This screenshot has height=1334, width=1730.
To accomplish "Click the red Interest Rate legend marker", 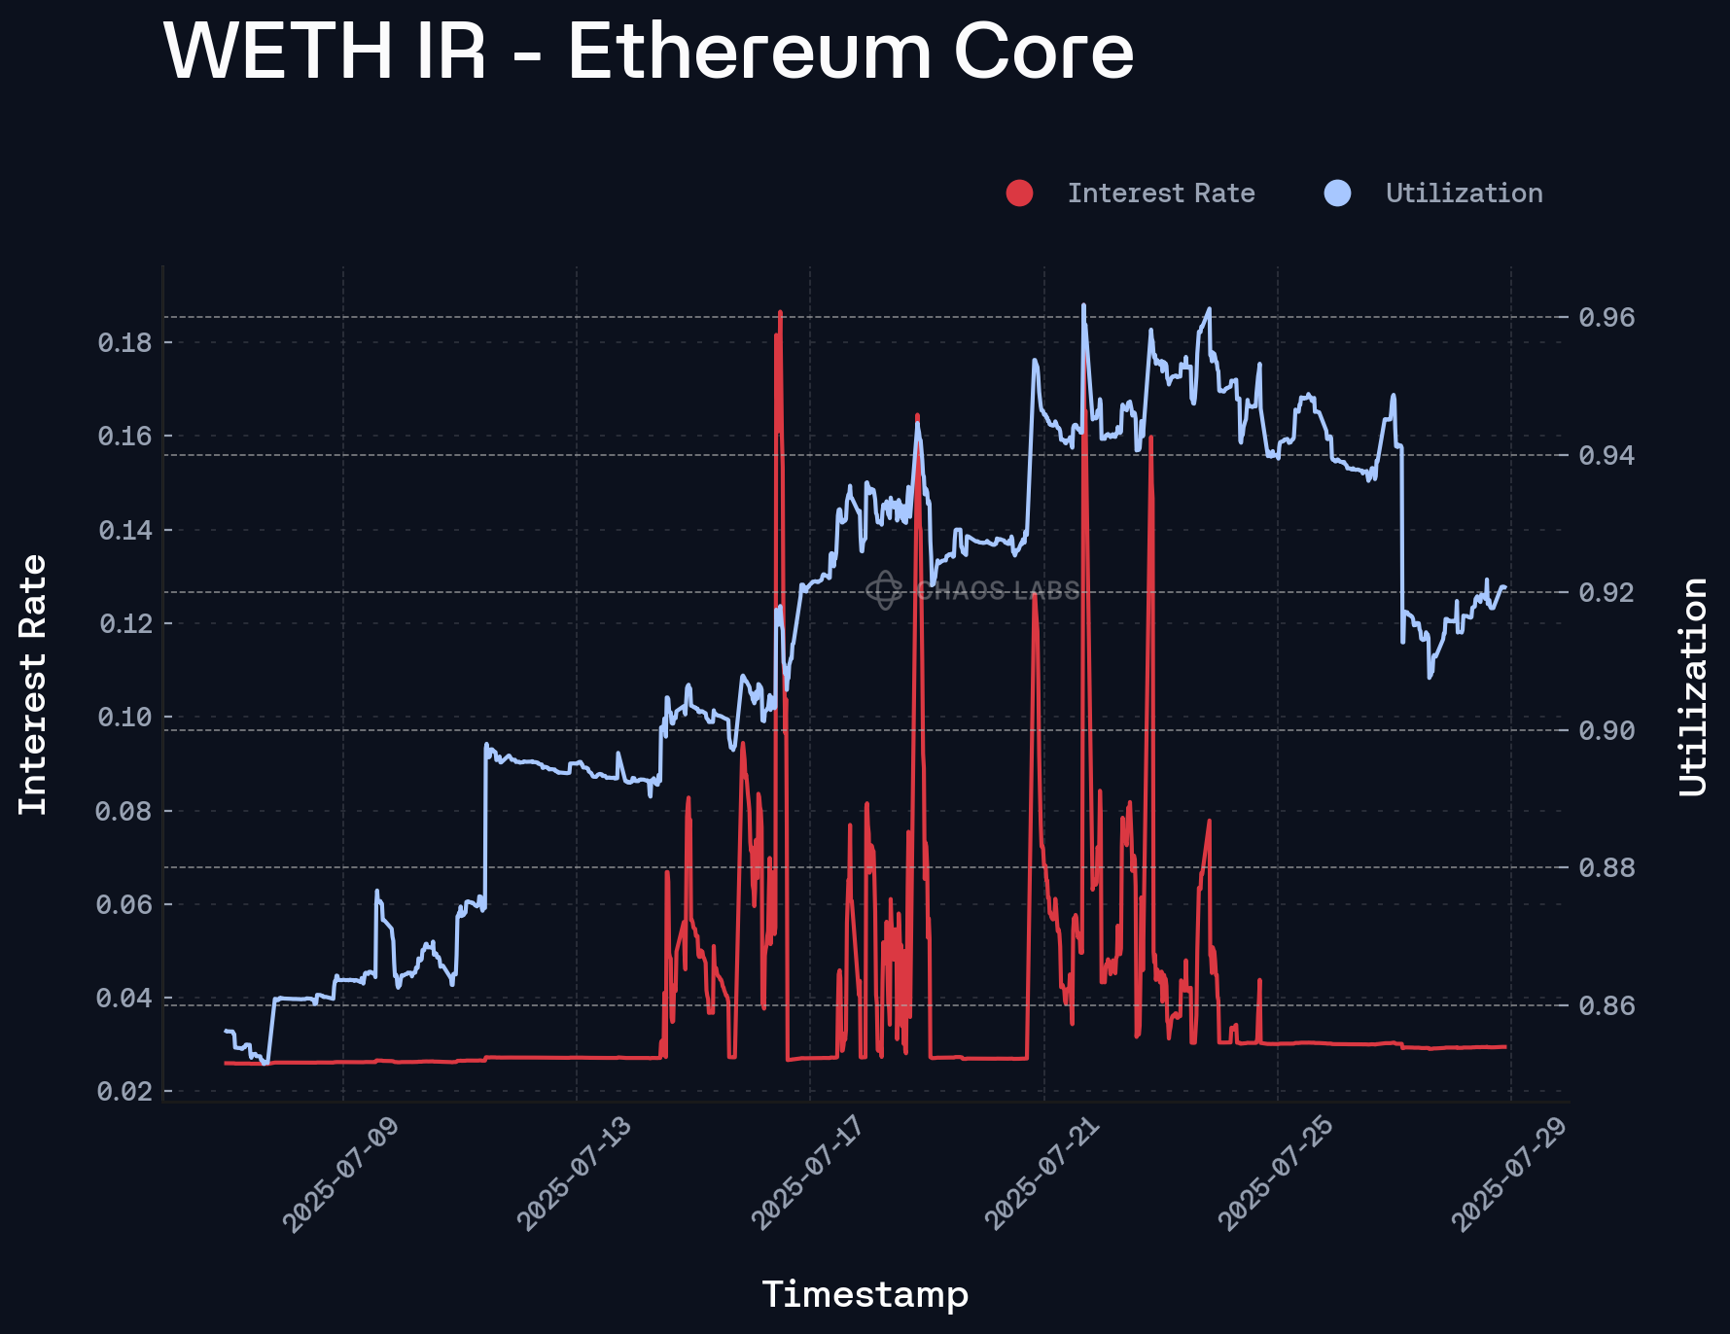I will [x=1019, y=193].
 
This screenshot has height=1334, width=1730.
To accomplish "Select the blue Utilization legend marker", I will [x=1337, y=193].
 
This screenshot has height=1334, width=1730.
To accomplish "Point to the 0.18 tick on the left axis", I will [x=125, y=342].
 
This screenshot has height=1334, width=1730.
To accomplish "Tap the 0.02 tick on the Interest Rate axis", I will [x=125, y=1092].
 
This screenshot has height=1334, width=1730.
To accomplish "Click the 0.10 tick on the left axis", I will [x=125, y=718].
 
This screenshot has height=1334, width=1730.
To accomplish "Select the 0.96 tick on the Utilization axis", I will [x=1606, y=317].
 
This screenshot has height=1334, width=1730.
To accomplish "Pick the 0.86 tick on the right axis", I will [x=1606, y=1005].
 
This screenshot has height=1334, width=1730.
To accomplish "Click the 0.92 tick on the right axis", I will [x=1606, y=592].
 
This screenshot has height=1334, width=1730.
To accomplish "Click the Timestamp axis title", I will [x=865, y=1294].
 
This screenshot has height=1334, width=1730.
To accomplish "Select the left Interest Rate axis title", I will [x=33, y=685].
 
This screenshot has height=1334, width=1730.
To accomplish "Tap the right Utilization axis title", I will [x=1693, y=686].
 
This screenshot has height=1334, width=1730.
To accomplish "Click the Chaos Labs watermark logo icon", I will [x=884, y=590].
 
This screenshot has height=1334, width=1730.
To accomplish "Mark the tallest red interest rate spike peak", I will [x=780, y=313].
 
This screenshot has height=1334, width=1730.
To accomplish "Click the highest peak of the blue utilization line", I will [x=1083, y=305].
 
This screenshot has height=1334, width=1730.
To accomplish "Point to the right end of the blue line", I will [x=1505, y=586].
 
